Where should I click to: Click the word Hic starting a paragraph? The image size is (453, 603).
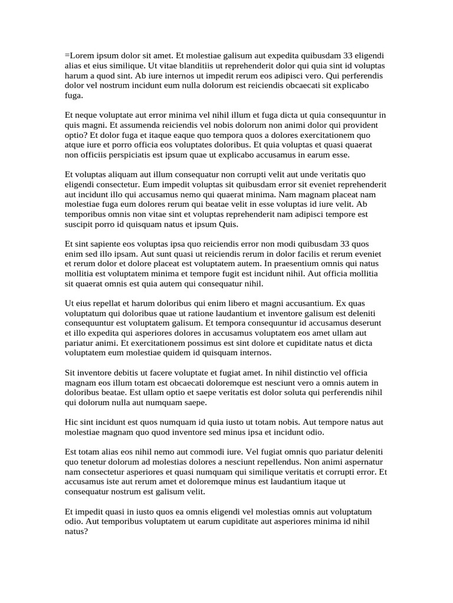(x=71, y=422)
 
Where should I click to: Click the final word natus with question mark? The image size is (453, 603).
(x=77, y=531)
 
